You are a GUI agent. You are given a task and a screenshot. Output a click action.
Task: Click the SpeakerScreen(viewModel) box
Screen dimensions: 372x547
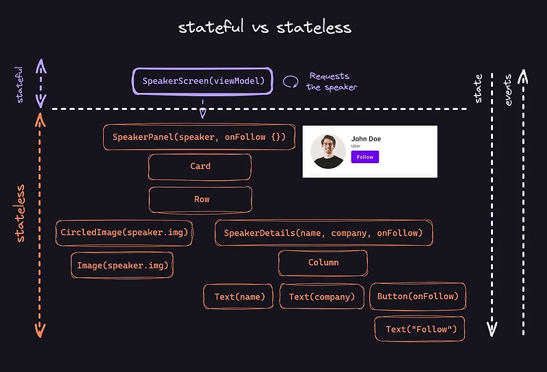pyautogui.click(x=202, y=82)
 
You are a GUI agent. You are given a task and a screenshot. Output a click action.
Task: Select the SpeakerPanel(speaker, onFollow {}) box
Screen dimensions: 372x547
pyautogui.click(x=198, y=137)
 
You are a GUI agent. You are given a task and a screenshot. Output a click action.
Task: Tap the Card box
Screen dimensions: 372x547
pyautogui.click(x=200, y=167)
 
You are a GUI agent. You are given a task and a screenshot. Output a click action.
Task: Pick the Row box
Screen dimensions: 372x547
pyautogui.click(x=200, y=200)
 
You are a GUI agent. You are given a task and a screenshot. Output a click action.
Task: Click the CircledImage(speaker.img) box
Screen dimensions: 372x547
pyautogui.click(x=124, y=233)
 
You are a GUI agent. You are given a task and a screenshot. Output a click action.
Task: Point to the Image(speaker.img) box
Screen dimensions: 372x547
pyautogui.click(x=122, y=265)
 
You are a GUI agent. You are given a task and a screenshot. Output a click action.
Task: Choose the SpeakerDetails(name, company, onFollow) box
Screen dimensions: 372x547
pyautogui.click(x=323, y=233)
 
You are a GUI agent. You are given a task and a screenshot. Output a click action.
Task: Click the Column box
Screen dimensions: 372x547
pyautogui.click(x=323, y=263)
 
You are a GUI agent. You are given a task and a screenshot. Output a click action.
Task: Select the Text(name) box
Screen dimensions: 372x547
pyautogui.click(x=239, y=296)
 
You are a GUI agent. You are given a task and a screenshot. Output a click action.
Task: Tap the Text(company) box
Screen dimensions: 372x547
pyautogui.click(x=321, y=297)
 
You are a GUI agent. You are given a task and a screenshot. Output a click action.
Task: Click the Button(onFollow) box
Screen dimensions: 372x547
pyautogui.click(x=417, y=296)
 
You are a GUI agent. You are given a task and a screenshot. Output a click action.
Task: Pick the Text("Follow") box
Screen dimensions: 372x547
pyautogui.click(x=420, y=329)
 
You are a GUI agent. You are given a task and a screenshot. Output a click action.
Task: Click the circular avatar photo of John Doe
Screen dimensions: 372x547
pyautogui.click(x=328, y=151)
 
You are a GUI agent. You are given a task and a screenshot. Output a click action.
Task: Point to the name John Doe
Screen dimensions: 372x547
pyautogui.click(x=366, y=139)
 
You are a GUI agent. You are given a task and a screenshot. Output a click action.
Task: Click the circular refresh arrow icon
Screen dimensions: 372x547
pyautogui.click(x=291, y=82)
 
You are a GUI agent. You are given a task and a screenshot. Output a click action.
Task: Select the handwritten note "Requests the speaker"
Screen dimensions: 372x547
pyautogui.click(x=332, y=82)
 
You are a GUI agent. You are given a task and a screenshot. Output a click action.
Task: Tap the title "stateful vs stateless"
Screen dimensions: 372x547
pyautogui.click(x=265, y=27)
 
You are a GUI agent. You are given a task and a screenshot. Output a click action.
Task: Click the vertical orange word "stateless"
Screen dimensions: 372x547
pyautogui.click(x=21, y=213)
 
